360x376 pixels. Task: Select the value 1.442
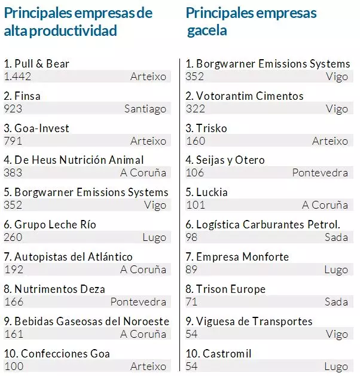(x=17, y=77)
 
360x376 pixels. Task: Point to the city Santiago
(x=145, y=109)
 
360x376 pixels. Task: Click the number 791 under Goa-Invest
(x=14, y=141)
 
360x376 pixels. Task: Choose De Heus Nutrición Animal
(x=74, y=160)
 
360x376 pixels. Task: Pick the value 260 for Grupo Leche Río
(x=14, y=237)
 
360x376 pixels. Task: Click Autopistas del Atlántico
(x=68, y=256)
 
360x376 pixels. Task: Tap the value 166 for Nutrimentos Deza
(x=14, y=302)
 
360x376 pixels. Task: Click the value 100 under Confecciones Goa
(x=14, y=366)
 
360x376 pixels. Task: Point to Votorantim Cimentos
(x=245, y=96)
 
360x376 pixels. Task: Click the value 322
(x=195, y=109)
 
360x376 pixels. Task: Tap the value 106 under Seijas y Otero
(x=195, y=173)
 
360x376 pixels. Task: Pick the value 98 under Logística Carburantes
(x=193, y=237)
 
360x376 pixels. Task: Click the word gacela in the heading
(x=206, y=30)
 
